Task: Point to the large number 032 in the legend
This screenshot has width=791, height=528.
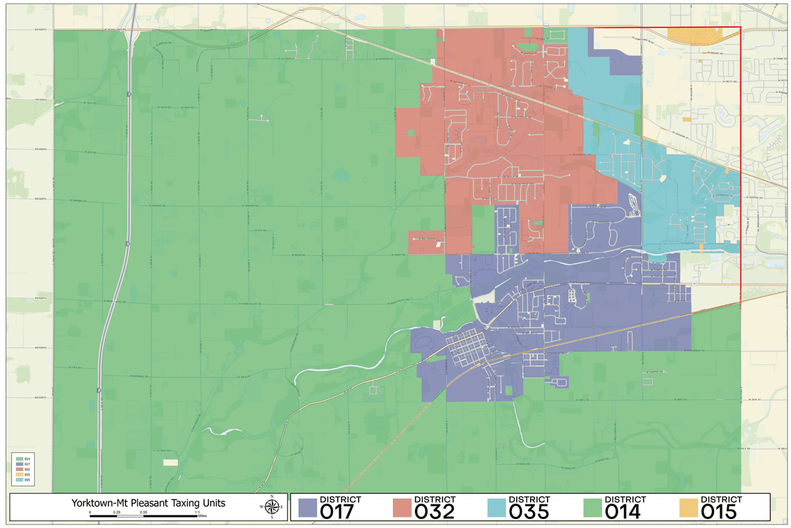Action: [x=435, y=511]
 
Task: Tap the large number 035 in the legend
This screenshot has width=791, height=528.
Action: [x=529, y=511]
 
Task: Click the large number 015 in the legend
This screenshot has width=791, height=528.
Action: [x=720, y=511]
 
